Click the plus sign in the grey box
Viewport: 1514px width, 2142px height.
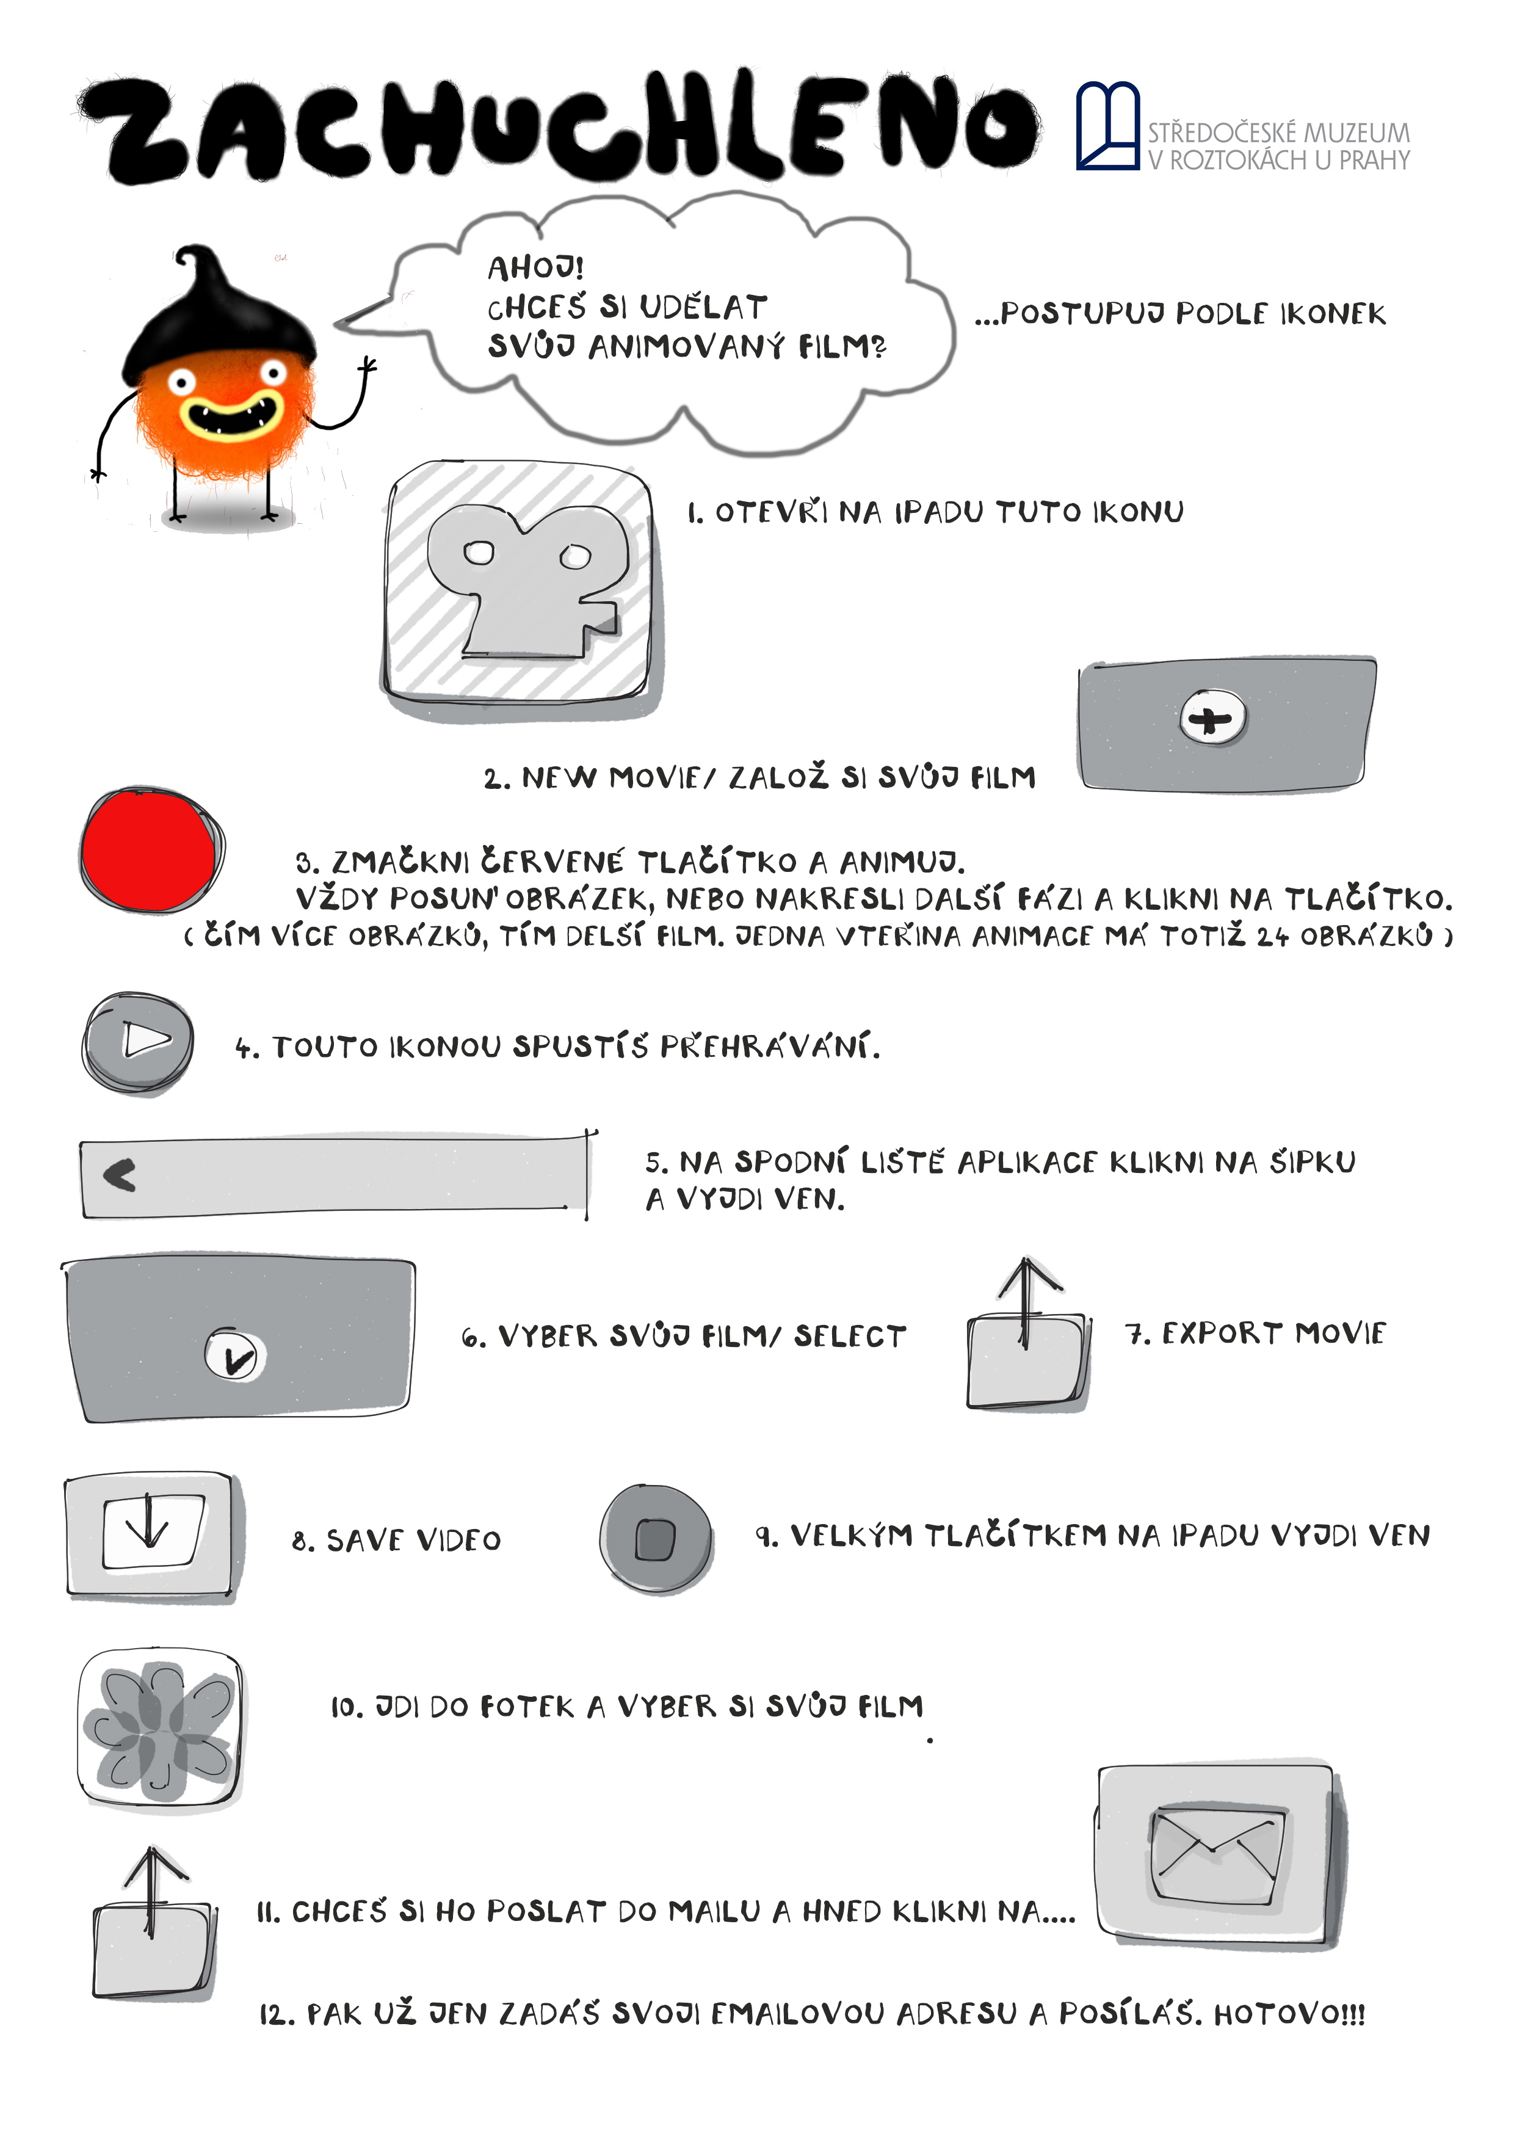tap(1212, 718)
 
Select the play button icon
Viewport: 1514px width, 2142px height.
tap(138, 1042)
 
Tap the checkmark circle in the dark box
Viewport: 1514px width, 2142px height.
tap(235, 1356)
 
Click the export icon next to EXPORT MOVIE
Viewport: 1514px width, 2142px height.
tap(1028, 1334)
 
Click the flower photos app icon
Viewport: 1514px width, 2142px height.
tap(161, 1730)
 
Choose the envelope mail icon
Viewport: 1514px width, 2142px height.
tap(1219, 1856)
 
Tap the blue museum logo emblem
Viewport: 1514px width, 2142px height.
tap(1108, 126)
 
